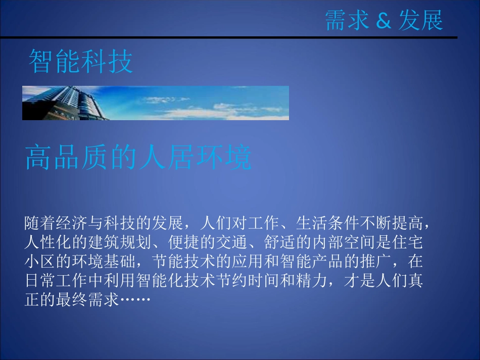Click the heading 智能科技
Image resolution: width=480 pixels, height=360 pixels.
click(81, 62)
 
